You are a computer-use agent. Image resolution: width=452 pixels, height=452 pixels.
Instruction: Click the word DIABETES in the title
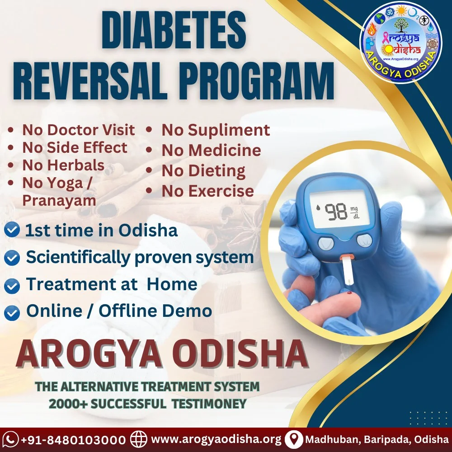point(174,31)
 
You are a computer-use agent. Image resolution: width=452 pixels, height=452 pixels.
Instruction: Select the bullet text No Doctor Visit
point(78,130)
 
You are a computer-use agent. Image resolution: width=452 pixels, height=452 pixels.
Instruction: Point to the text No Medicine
point(211,150)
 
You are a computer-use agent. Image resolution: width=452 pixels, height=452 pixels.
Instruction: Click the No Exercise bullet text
point(207,191)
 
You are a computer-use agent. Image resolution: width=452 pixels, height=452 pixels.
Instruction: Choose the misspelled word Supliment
point(229,131)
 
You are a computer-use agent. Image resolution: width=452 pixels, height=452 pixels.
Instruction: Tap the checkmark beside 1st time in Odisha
point(12,230)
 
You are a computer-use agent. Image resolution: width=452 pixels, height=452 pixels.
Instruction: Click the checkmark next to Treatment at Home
point(12,286)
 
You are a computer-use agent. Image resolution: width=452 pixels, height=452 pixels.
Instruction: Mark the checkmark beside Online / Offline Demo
point(12,313)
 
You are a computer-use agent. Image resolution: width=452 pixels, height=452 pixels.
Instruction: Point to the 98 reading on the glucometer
point(336,212)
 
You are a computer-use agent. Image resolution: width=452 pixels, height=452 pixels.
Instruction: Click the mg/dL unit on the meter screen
point(354,212)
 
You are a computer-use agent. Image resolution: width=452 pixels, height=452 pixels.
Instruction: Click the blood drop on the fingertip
point(350,293)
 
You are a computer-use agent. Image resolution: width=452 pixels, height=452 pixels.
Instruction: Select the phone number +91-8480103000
point(74,440)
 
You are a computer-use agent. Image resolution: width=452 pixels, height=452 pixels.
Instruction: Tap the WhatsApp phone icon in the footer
point(10,440)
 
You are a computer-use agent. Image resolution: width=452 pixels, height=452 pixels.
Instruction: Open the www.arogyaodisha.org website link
point(216,439)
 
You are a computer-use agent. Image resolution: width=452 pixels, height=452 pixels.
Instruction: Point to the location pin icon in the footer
point(294,440)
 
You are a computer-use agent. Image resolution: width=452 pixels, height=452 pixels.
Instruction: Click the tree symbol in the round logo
point(401,25)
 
